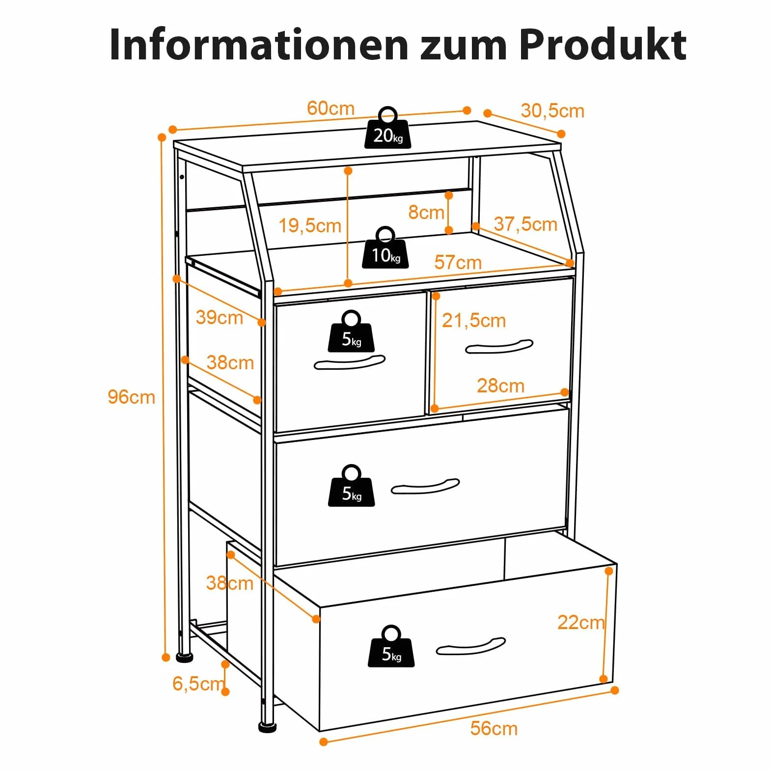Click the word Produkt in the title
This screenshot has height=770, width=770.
click(603, 45)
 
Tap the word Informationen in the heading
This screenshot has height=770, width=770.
click(259, 45)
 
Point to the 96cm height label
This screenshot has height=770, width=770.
click(131, 397)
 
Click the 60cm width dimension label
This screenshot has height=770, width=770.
click(330, 108)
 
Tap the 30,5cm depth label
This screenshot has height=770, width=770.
click(552, 111)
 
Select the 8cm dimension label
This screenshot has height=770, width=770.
click(426, 213)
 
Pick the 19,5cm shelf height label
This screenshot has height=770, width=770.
click(310, 226)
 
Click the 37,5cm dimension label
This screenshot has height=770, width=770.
click(525, 224)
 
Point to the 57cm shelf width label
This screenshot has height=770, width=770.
click(458, 262)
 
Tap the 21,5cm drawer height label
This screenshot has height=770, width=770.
click(474, 321)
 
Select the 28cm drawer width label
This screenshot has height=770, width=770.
click(500, 385)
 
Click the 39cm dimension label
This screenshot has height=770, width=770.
click(219, 317)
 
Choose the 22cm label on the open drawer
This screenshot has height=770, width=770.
click(581, 623)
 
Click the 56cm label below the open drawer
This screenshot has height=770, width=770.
click(494, 728)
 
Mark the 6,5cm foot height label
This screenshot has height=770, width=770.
click(198, 684)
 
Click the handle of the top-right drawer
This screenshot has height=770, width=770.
click(499, 346)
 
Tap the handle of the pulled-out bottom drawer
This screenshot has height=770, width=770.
click(470, 646)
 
